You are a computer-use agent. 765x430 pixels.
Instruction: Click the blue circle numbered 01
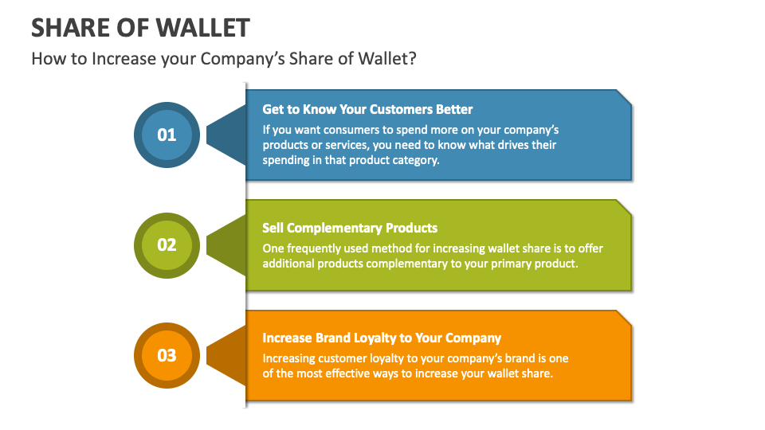click(167, 135)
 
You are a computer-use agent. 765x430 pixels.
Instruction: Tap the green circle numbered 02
click(167, 245)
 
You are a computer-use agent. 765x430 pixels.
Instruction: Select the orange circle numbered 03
click(167, 355)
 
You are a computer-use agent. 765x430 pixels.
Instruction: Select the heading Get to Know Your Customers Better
click(367, 109)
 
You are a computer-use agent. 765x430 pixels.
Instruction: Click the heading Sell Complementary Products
click(350, 229)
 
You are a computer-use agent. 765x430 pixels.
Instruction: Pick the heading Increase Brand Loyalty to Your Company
click(382, 338)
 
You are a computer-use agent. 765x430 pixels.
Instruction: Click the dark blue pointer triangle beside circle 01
click(226, 135)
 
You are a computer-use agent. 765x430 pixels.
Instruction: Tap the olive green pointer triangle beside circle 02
click(226, 245)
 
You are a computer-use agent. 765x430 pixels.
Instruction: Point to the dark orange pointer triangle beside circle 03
click(226, 356)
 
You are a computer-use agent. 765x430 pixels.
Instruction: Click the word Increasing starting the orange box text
click(288, 359)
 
